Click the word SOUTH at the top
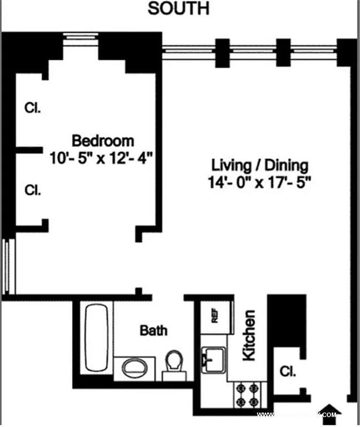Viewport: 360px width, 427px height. pos(178,9)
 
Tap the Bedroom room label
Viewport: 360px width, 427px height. pos(103,141)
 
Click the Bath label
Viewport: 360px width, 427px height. pos(153,330)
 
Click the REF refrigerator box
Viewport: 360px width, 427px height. pos(216,317)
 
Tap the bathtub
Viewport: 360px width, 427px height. pos(97,337)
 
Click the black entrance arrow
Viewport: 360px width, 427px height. pos(331,409)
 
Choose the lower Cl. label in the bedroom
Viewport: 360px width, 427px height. pos(33,189)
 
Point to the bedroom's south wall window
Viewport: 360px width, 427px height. pos(80,37)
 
